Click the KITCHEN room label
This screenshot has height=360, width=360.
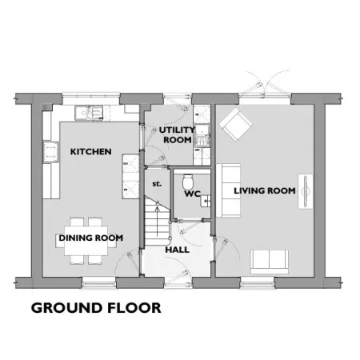(90, 152)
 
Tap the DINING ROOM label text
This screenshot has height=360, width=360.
(91, 238)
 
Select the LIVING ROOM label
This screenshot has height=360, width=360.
(265, 190)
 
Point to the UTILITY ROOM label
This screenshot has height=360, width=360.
(177, 135)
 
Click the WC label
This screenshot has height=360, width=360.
(193, 194)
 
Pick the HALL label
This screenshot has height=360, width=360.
(178, 250)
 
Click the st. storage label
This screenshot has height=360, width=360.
(157, 184)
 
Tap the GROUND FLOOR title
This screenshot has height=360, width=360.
(96, 308)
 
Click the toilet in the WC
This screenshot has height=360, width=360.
(187, 182)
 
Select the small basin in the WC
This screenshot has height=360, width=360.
(206, 201)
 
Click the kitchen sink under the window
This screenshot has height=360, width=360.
(89, 113)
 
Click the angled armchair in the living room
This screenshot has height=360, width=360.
(235, 124)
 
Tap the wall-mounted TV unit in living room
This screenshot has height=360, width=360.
(306, 191)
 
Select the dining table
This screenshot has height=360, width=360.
(86, 241)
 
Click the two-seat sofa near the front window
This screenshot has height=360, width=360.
(270, 262)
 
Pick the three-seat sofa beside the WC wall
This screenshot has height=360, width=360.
(228, 190)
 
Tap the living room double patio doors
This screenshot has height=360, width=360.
(265, 85)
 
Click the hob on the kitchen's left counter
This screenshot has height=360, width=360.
(50, 152)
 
